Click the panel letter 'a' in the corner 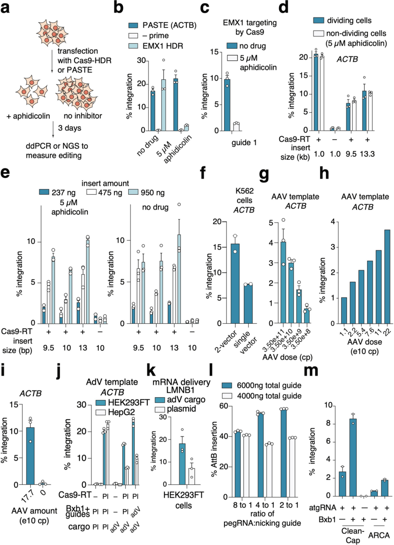point(5,7)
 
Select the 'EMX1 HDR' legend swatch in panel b point(133,46)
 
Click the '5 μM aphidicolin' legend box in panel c point(232,58)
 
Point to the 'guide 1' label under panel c point(244,143)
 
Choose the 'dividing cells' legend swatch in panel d point(318,20)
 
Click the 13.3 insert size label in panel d point(367,154)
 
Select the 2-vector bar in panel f point(235,283)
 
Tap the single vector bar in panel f point(248,304)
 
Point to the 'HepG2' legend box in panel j point(101,412)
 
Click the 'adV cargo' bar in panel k point(182,464)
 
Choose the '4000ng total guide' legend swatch point(227,396)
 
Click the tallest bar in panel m point(353,457)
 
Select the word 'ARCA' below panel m point(379,535)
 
